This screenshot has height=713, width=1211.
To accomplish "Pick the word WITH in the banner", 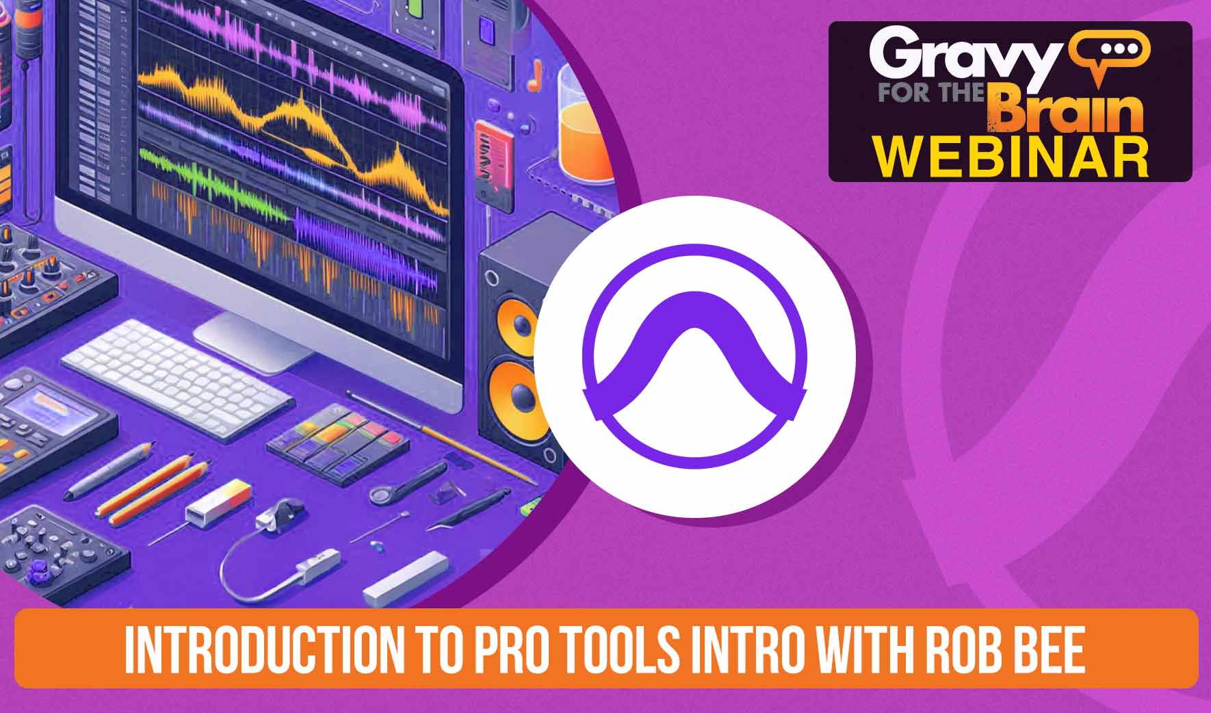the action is coord(859,648).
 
